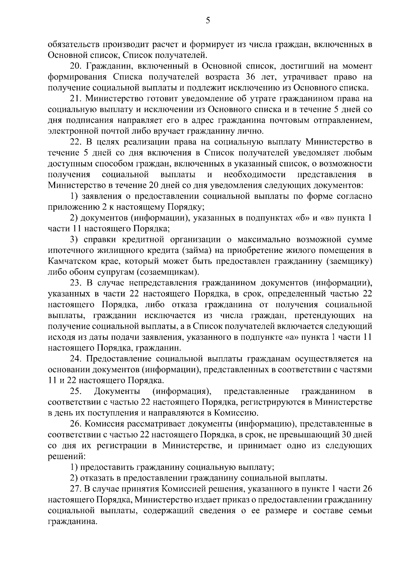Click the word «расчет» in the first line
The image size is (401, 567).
(x=163, y=44)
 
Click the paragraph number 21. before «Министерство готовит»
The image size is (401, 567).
(x=76, y=99)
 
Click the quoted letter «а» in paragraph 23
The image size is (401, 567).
(x=287, y=337)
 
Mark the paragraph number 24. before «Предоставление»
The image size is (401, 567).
(x=76, y=359)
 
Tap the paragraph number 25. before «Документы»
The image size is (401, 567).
(x=76, y=391)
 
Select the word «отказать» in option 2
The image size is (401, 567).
(x=99, y=478)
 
